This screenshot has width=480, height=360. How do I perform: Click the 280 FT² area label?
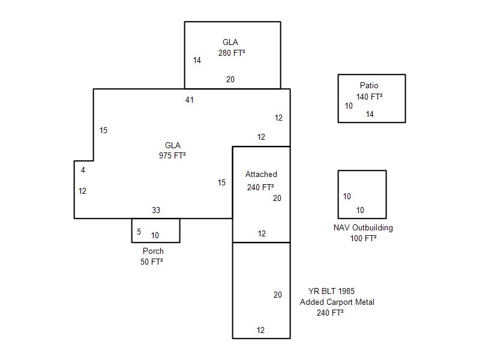[232, 53]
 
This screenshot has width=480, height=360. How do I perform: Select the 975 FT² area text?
[172, 155]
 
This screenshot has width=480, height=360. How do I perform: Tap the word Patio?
[369, 86]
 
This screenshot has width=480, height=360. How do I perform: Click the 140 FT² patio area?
[370, 97]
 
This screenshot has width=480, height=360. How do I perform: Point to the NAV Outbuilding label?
[363, 228]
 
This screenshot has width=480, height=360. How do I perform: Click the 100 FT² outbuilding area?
[364, 239]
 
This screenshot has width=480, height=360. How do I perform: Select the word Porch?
[153, 251]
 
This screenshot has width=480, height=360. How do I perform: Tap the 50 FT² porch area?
[152, 262]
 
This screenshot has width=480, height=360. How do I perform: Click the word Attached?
[261, 175]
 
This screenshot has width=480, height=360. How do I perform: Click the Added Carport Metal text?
[337, 302]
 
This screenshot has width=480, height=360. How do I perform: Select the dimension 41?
[190, 100]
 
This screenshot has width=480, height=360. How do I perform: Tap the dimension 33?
[156, 211]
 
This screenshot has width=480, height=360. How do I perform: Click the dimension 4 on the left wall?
[83, 170]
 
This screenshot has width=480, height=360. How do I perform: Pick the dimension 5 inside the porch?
[139, 232]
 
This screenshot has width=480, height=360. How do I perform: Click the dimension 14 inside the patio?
[370, 115]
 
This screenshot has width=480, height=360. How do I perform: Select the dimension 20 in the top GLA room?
[230, 80]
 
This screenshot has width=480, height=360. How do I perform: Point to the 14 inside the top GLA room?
[197, 61]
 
